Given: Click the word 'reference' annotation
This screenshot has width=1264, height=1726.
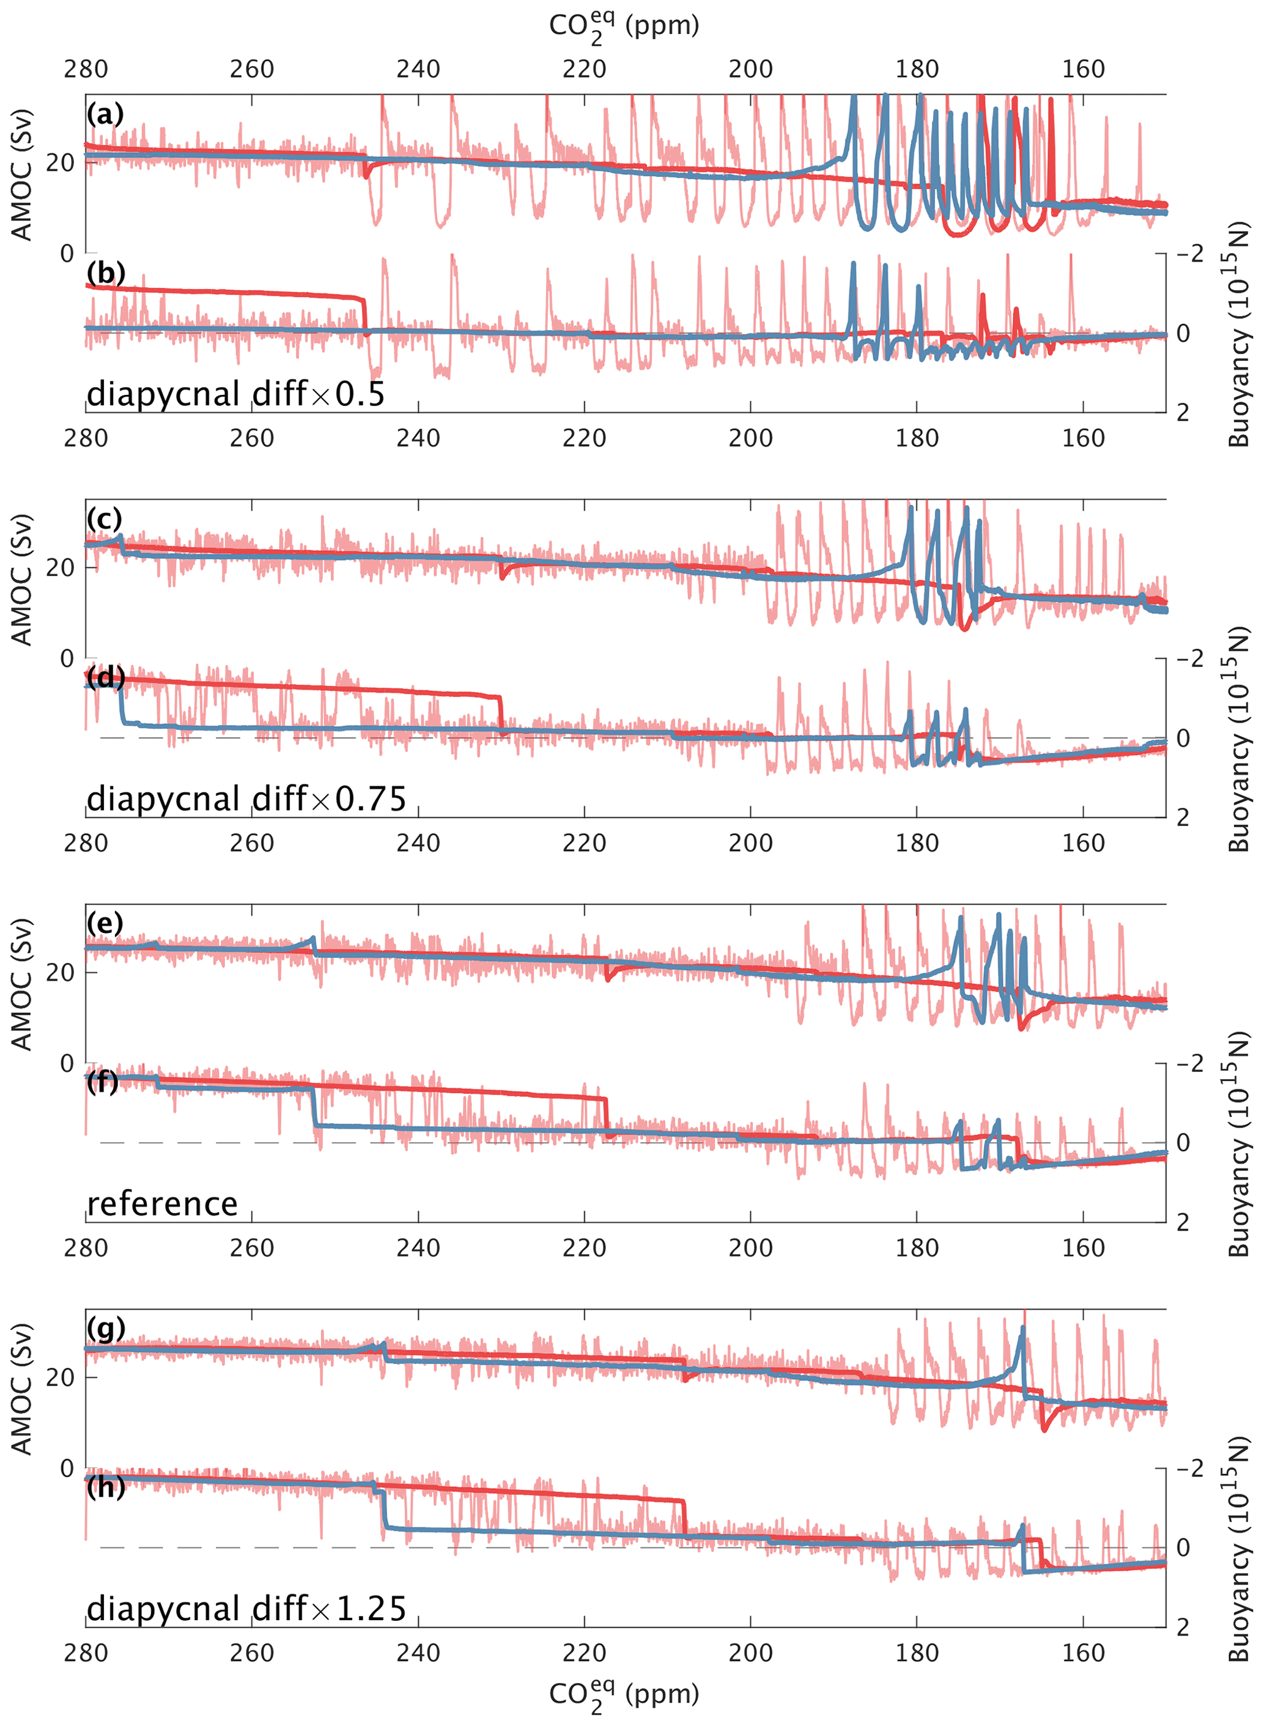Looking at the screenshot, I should [162, 1204].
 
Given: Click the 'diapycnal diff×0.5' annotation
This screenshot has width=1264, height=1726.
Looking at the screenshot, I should [235, 395].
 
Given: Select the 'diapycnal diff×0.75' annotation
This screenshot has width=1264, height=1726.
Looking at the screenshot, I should [246, 800].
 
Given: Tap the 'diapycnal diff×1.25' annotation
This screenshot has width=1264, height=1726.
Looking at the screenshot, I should [246, 1609].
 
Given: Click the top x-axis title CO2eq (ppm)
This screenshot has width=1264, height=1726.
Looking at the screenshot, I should [624, 28].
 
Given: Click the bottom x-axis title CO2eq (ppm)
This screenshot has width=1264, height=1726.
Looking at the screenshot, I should [624, 1695].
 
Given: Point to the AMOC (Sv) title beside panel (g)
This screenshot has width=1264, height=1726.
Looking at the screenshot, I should [21, 1389].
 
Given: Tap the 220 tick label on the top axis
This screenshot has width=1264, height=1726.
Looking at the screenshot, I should [585, 70].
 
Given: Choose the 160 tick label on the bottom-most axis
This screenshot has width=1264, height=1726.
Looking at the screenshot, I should [1084, 1653].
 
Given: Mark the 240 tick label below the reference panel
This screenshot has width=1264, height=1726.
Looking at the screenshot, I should [418, 1248].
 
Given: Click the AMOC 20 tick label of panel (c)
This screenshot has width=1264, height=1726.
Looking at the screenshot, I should [61, 567].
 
